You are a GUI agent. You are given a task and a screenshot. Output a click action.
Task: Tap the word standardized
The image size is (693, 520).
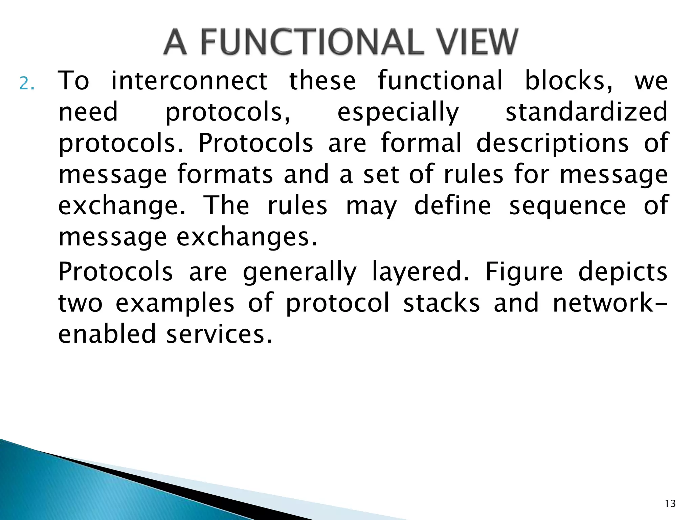coord(586,112)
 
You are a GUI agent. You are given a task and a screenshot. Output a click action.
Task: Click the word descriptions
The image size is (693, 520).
coord(552,143)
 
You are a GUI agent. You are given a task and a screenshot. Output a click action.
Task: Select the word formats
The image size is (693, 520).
coord(225,174)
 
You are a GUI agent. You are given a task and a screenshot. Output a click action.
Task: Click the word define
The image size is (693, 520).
coord(452,205)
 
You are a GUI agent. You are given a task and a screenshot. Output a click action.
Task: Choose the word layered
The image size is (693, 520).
coord(421,272)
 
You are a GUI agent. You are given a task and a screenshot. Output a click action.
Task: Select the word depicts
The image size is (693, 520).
coord(623,272)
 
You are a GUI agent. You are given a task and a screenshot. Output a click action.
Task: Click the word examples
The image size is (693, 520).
coord(175,303)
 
